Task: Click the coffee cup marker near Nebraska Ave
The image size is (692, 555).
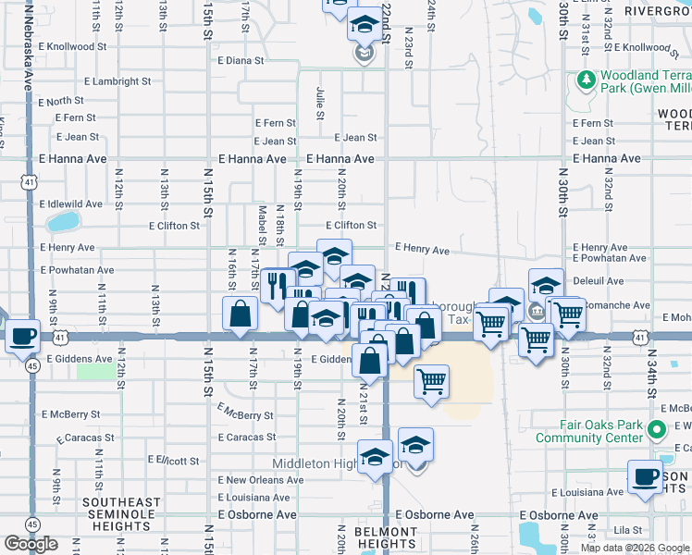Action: point(22,337)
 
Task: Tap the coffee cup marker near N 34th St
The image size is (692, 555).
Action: point(646,477)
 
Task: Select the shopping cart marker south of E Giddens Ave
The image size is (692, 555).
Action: point(431,381)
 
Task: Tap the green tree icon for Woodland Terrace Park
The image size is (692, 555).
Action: point(585,80)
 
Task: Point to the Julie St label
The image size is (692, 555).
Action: point(320,104)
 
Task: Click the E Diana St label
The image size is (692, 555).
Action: point(241,60)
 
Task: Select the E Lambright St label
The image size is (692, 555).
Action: point(90,81)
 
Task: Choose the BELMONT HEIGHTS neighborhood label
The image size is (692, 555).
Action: point(386,537)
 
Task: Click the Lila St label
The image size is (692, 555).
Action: point(633,530)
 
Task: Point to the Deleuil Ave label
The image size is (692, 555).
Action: point(599,280)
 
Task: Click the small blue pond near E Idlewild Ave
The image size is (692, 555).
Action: point(62,222)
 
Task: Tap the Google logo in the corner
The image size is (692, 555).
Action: point(31,543)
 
